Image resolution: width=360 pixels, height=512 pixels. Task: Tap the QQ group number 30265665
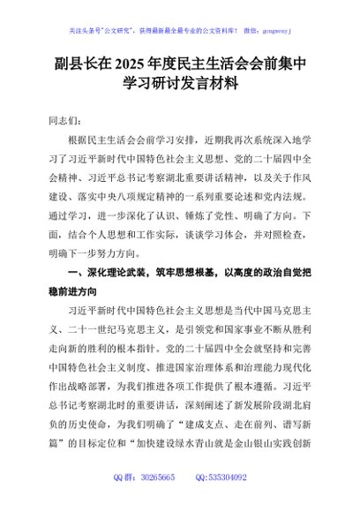coord(157,501)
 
